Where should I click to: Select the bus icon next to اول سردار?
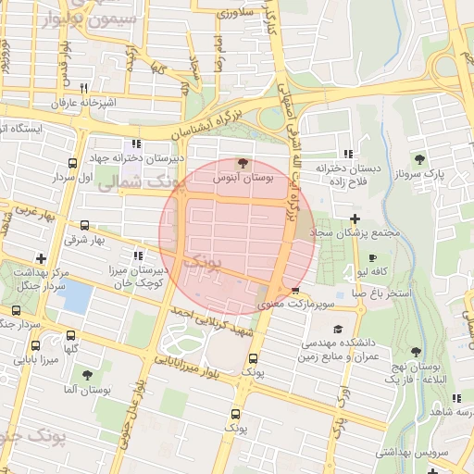coord(87,165)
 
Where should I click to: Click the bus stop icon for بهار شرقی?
coord(86,225)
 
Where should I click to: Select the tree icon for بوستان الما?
coord(88,375)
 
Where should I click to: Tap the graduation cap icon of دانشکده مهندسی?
coord(337,329)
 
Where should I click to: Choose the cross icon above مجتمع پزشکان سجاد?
coord(355,218)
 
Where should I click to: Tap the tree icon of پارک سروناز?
coord(420,159)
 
